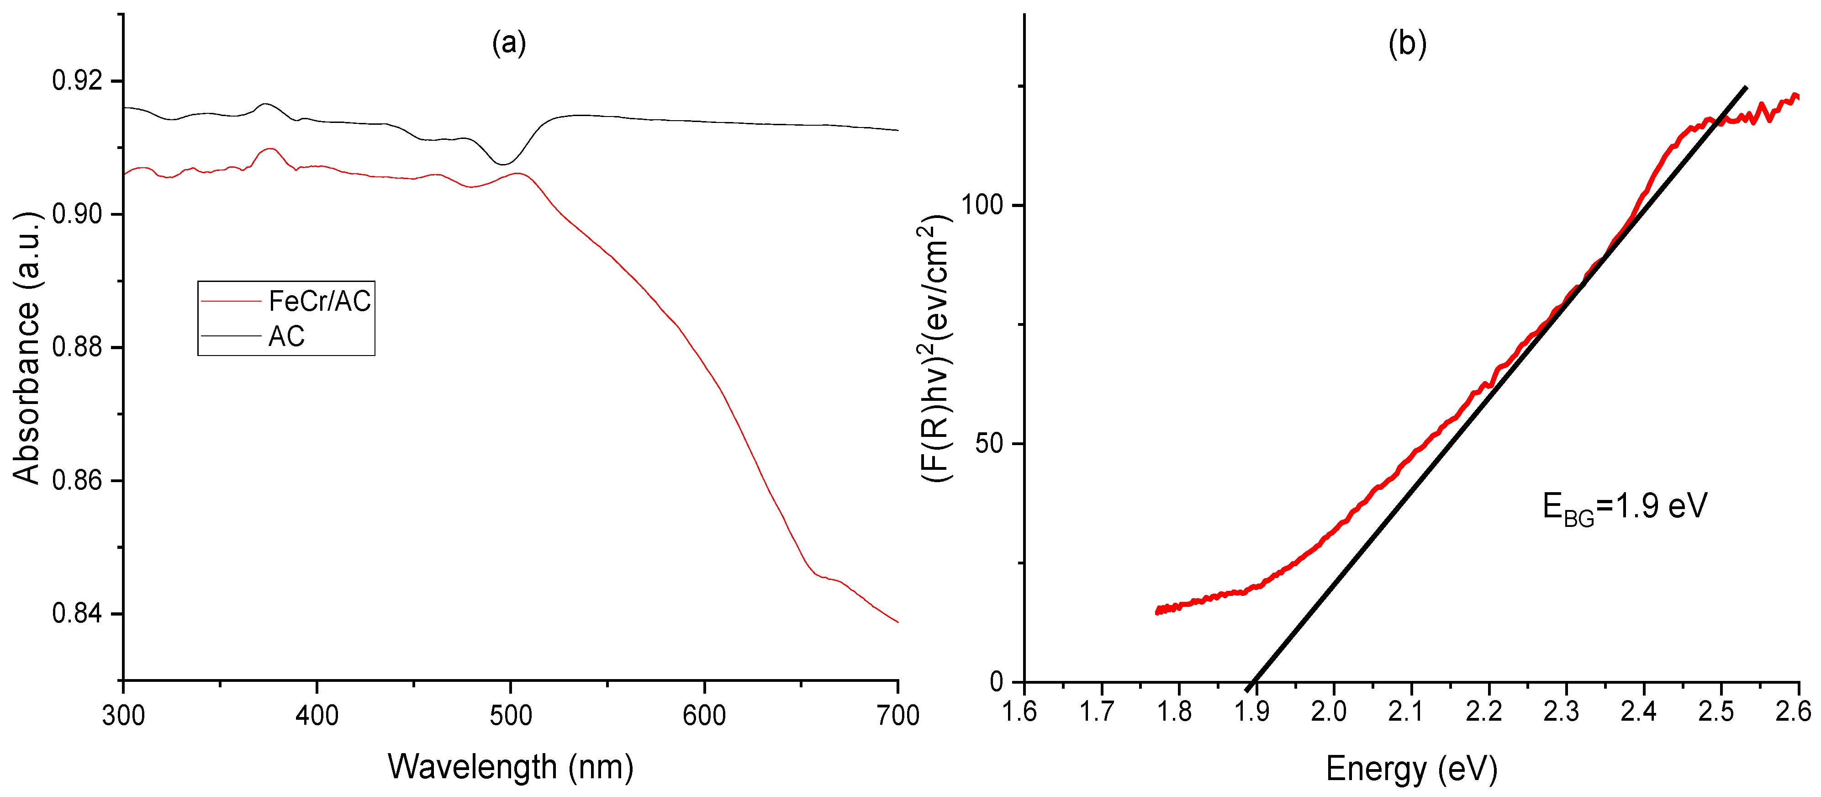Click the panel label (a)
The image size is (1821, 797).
coord(509,44)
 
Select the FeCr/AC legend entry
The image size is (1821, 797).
coord(320,301)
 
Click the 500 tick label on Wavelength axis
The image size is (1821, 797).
coord(510,716)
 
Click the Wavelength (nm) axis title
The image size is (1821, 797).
coord(510,767)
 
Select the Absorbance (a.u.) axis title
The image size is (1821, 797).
coord(27,346)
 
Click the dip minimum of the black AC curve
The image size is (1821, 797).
coord(503,164)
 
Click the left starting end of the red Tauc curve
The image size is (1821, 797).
coord(1158,611)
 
